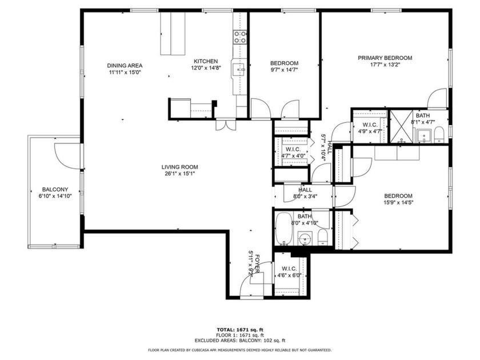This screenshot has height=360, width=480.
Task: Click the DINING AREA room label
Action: click(125, 65)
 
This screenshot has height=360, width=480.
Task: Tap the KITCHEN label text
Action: click(206, 61)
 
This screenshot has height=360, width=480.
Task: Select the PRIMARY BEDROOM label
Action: click(385, 58)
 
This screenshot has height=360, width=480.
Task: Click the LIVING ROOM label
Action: click(179, 167)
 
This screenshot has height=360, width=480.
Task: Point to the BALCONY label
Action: click(55, 190)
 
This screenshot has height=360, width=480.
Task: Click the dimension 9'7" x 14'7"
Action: click(284, 70)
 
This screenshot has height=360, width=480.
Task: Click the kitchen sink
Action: click(239, 70)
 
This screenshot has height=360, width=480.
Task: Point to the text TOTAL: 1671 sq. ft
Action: click(239, 330)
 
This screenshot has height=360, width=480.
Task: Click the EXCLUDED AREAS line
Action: click(239, 340)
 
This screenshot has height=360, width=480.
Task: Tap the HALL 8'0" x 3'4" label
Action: click(305, 193)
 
